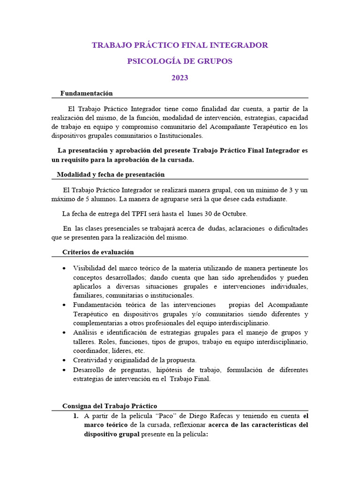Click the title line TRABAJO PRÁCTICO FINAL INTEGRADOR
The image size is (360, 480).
point(180,45)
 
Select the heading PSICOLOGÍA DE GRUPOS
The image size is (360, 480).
point(180,61)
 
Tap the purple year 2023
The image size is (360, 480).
point(180,78)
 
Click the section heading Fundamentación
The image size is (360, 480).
point(86,93)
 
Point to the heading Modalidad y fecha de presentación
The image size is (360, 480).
point(111,174)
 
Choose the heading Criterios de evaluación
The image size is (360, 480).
point(98,252)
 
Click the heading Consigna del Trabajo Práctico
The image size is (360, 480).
point(110,406)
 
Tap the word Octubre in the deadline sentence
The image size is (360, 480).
point(233,214)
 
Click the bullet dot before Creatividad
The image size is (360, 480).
point(64,360)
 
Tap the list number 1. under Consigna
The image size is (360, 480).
point(75,416)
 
